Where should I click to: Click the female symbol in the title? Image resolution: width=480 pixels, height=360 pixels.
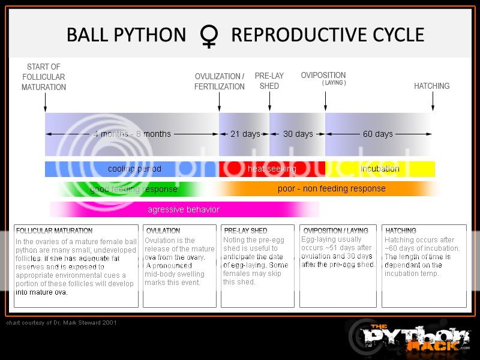pos(208,36)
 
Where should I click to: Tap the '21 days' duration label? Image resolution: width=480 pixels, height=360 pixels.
pos(245,134)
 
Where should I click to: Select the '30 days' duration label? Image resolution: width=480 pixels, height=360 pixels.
pos(298,134)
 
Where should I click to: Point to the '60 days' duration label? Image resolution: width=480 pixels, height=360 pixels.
pos(378,134)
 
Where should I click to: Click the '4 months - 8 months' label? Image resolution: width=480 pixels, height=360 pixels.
pos(132,134)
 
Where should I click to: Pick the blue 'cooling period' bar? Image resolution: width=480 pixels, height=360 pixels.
pos(132,169)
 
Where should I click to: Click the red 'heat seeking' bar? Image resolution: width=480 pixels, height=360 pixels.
pos(272,169)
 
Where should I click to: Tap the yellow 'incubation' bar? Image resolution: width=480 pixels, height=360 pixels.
pos(380,169)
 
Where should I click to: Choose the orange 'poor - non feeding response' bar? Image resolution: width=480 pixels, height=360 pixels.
pos(331,188)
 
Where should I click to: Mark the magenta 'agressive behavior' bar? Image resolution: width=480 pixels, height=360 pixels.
pos(184,209)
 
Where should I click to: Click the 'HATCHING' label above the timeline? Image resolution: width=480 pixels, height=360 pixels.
pos(431,86)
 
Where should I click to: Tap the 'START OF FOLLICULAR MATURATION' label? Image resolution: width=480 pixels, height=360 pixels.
pos(44,77)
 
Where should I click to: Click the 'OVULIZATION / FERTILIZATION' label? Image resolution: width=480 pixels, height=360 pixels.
pos(220,82)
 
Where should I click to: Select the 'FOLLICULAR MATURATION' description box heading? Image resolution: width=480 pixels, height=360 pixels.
pos(55,230)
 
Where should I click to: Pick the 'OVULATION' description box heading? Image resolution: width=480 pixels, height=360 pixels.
pos(163,230)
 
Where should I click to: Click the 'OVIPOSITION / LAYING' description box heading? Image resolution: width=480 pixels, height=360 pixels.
pos(336,230)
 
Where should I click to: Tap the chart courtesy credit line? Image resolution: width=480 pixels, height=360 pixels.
pos(62,323)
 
